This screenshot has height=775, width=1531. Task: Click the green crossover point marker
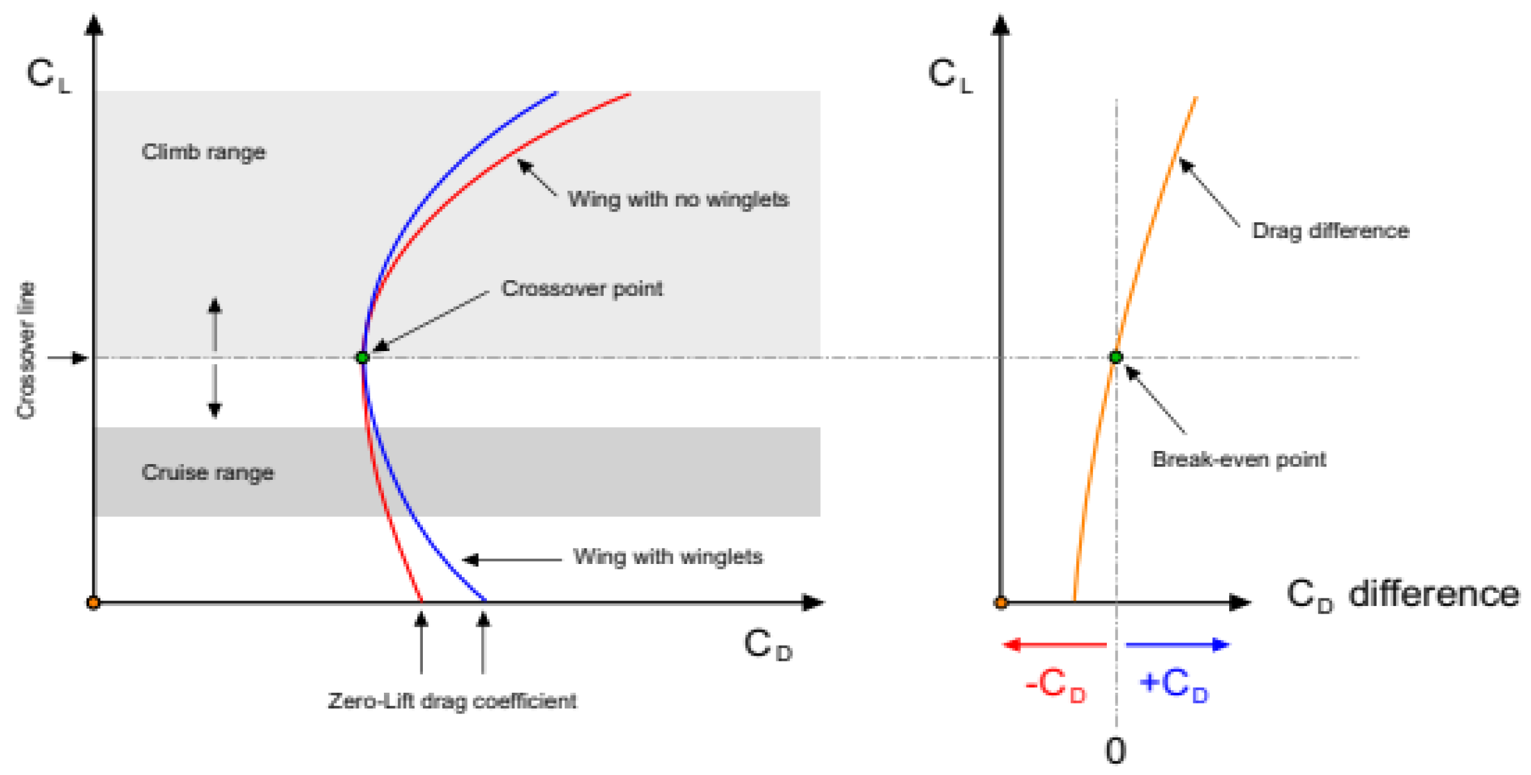[362, 357]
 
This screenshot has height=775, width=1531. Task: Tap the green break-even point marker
[1116, 357]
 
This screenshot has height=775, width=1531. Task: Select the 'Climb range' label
[203, 152]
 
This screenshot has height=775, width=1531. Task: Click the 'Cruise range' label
[208, 472]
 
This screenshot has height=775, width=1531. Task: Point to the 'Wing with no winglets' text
[678, 199]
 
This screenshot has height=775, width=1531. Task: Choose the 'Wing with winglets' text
[668, 556]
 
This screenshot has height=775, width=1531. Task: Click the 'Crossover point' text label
[582, 289]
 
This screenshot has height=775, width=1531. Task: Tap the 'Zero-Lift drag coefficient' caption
[452, 700]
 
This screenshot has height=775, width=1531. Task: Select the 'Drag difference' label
[1330, 230]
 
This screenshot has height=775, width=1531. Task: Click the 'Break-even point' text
[1239, 459]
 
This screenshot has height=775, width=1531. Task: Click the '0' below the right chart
[1115, 751]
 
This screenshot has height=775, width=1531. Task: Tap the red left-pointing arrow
[1054, 644]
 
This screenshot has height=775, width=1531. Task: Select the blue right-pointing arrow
[1177, 644]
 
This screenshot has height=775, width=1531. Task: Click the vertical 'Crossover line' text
[26, 350]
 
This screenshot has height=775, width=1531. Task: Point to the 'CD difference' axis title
[1402, 595]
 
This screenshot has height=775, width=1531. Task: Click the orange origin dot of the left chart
[93, 603]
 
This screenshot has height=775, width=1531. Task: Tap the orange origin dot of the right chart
[1001, 603]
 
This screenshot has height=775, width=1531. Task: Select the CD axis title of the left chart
[768, 645]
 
